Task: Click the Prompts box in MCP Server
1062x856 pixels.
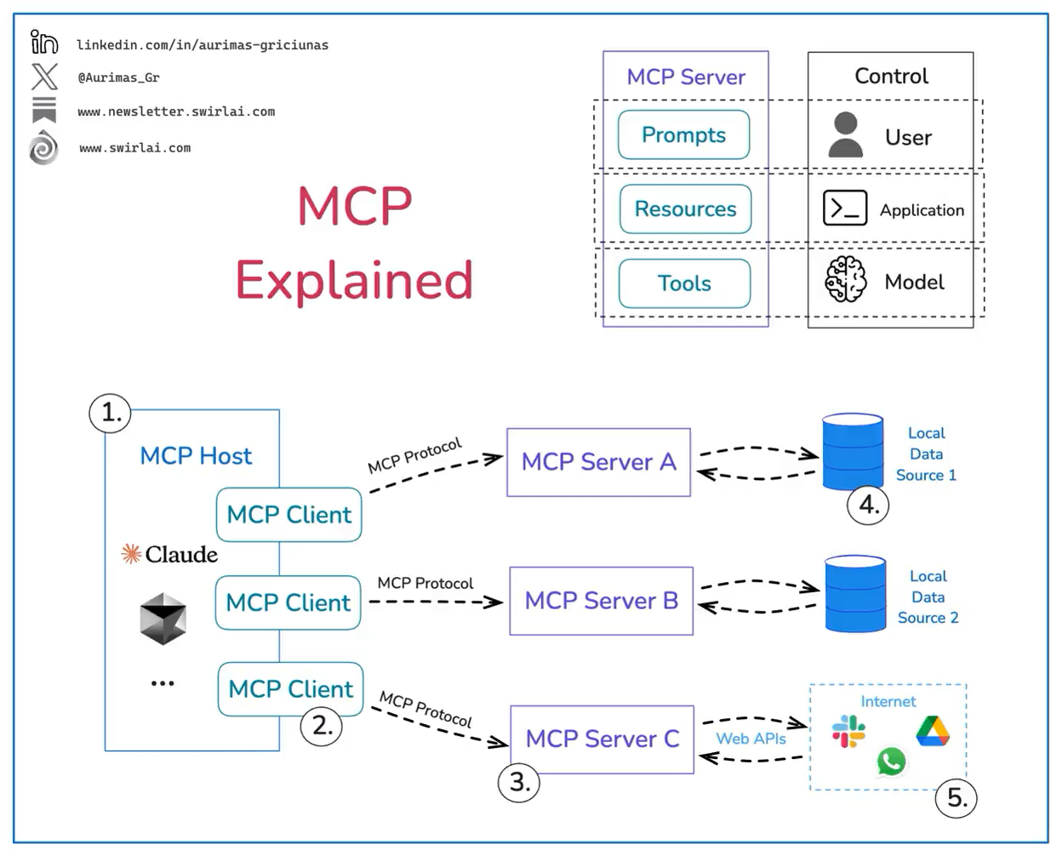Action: pos(683,134)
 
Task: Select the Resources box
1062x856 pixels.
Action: pos(685,208)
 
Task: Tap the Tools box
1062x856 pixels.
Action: pos(684,283)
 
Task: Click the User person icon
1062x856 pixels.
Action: pos(845,135)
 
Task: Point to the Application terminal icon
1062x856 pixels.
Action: pos(844,208)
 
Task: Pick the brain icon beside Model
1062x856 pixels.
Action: pos(846,279)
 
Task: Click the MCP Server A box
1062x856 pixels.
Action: pos(598,462)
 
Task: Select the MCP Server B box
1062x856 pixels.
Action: pos(601,601)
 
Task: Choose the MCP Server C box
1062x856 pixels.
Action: pos(602,739)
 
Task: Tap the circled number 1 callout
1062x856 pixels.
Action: pos(111,413)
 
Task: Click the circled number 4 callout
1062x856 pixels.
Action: pos(868,505)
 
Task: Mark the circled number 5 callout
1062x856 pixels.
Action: pos(956,798)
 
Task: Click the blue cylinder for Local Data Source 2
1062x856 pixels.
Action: pos(855,594)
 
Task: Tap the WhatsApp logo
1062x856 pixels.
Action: pos(891,761)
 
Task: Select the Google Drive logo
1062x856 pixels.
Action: pos(933,732)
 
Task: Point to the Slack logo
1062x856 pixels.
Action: pos(848,731)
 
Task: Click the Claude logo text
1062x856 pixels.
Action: pos(170,555)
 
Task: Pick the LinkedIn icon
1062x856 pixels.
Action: pos(44,42)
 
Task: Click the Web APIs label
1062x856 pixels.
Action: pos(751,739)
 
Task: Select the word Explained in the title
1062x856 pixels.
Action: pos(354,280)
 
